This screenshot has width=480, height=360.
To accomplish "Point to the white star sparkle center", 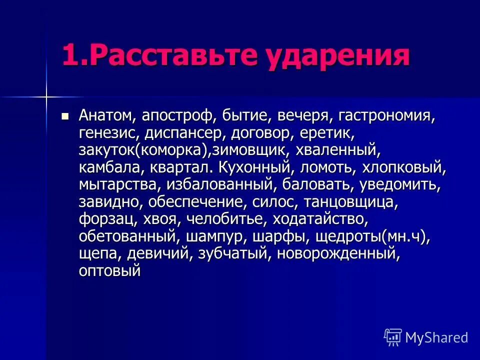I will tap(46, 94).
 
